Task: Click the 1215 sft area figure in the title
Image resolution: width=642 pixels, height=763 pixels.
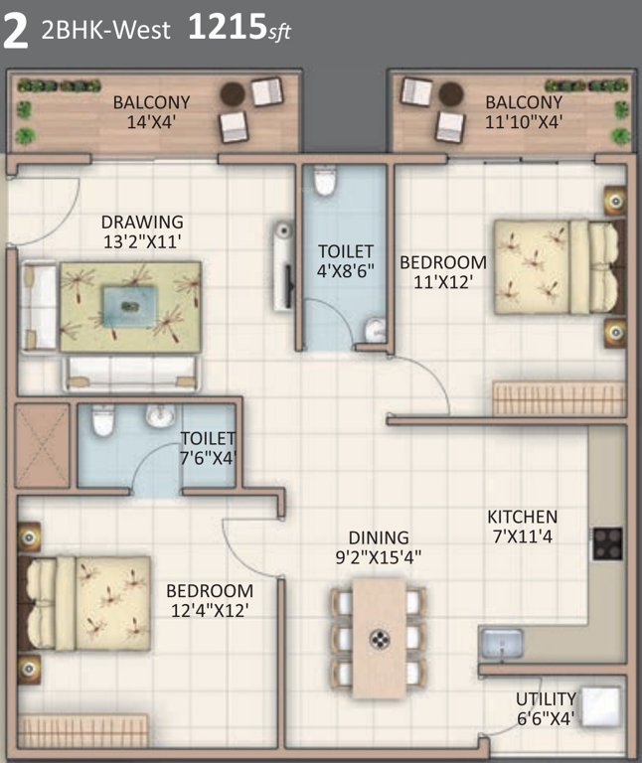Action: point(239,30)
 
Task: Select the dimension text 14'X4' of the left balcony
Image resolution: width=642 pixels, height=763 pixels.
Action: point(151,121)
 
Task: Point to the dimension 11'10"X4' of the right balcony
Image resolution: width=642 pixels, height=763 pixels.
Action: point(524,121)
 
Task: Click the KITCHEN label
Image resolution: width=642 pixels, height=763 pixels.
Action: point(522,517)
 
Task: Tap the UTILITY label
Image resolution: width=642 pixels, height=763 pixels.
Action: point(545,698)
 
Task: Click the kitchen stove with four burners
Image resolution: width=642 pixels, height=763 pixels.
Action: point(606,543)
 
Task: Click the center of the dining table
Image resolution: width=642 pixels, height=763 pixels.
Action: point(378,638)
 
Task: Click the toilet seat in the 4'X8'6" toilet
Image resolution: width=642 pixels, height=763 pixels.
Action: point(324,183)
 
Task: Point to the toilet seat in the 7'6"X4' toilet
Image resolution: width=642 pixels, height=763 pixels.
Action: point(100,424)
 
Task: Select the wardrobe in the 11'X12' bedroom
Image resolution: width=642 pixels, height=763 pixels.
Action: point(559,398)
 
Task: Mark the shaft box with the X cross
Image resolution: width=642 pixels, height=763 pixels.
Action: point(42,445)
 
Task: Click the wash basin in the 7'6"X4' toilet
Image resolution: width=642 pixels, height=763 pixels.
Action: point(160,415)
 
